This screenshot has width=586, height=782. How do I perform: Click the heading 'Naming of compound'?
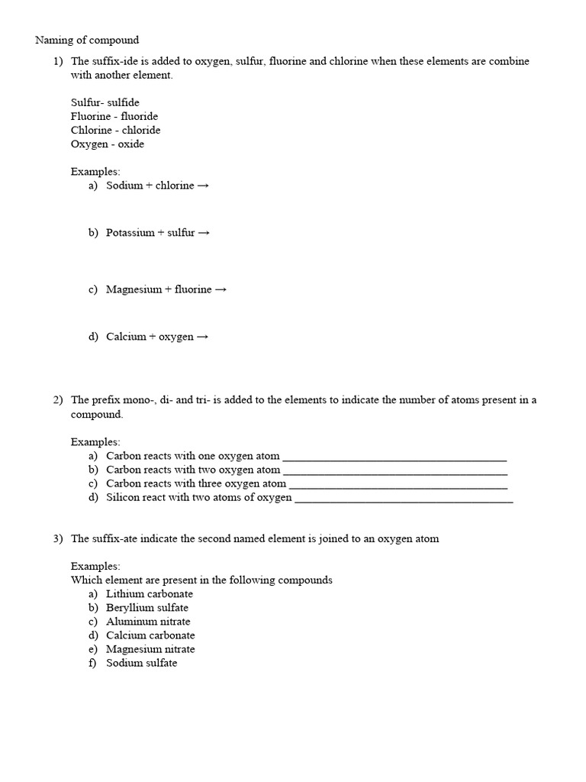point(87,40)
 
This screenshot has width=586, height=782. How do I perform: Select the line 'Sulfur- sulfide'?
point(105,102)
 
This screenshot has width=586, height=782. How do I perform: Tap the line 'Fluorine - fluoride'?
point(114,116)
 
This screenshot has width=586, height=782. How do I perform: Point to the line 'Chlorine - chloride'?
point(115,130)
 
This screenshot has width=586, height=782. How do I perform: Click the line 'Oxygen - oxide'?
point(107,144)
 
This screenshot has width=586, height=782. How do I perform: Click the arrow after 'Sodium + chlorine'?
point(203,186)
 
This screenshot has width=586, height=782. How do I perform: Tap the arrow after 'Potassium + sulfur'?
point(204,232)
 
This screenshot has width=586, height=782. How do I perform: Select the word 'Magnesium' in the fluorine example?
point(134,289)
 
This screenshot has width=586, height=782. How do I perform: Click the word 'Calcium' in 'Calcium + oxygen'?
point(126,336)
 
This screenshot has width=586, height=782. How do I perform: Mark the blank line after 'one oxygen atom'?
point(394,457)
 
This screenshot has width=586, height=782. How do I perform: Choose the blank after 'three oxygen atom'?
point(398,484)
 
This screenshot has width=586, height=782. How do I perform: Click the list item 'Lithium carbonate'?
point(150,593)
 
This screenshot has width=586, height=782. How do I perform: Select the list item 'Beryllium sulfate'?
point(147,608)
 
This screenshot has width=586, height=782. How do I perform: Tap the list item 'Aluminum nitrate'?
point(148,622)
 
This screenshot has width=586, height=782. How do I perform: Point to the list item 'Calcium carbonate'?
point(150,635)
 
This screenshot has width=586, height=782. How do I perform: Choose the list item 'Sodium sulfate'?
point(141,663)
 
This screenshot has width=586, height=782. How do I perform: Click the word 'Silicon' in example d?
point(122,497)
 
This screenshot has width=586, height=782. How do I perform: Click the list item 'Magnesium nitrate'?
point(150,649)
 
